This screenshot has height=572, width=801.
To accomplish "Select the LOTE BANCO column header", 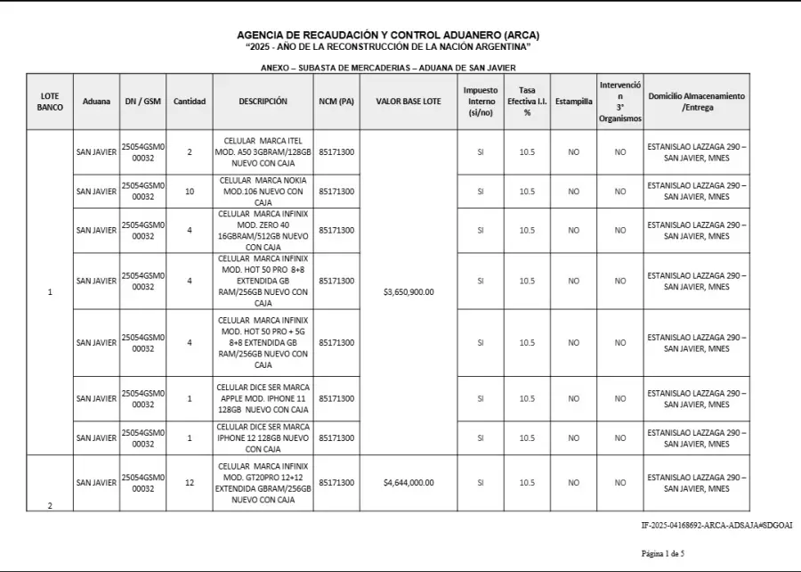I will (x=50, y=102).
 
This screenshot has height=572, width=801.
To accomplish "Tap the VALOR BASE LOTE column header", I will (x=408, y=102).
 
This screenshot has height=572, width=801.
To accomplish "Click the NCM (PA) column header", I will (x=336, y=102).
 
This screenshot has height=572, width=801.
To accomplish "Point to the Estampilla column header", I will (x=573, y=102).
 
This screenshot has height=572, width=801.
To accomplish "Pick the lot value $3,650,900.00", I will (x=408, y=292).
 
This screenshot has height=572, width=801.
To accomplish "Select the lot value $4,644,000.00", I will (x=408, y=483).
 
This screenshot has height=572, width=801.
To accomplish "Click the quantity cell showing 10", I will (x=189, y=192).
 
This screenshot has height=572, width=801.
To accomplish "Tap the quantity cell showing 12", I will (x=189, y=483).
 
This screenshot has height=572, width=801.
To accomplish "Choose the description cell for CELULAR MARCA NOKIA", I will (x=263, y=192).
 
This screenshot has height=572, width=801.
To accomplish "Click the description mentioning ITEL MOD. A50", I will (x=263, y=152).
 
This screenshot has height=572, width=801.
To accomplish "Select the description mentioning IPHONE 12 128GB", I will (x=263, y=437).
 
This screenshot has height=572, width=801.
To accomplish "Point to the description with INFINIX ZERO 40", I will (x=263, y=230).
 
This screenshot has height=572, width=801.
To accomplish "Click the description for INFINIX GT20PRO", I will (x=263, y=483).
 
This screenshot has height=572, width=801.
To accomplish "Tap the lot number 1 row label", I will (x=50, y=292).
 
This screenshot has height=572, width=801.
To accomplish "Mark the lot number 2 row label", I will (x=50, y=505).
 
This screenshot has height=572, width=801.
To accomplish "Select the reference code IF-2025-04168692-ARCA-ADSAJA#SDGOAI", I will (x=716, y=526).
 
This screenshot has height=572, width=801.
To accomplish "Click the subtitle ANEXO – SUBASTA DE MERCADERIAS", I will (x=388, y=68).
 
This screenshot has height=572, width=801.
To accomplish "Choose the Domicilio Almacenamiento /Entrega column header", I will (x=696, y=102).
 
